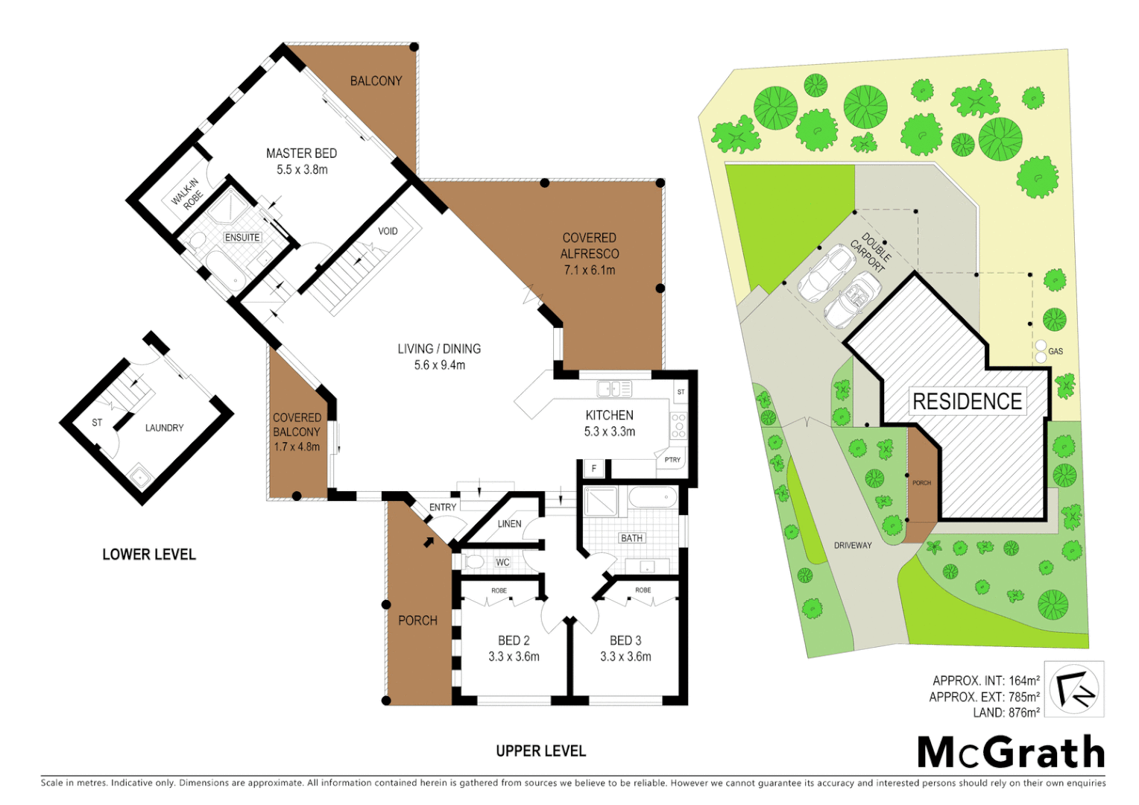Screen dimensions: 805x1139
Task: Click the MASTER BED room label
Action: pos(301,154)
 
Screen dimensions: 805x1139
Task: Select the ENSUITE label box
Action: pos(242,238)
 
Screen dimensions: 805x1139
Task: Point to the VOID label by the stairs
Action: pos(388,231)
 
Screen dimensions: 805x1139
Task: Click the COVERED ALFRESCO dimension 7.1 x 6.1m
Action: pos(589,271)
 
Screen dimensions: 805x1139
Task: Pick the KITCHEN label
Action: pos(609,415)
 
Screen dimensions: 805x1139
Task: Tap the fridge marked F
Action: pos(594,469)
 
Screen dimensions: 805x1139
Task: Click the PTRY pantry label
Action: pos(672,460)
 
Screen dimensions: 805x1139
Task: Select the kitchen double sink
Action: pos(614,389)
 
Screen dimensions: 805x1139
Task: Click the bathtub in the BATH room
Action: pos(653,498)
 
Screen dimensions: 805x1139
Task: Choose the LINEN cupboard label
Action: pos(509,524)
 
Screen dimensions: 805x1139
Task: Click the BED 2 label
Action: pos(514,640)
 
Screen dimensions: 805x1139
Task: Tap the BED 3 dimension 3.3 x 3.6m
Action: pos(625,657)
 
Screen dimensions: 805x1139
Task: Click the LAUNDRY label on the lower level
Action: pos(164,428)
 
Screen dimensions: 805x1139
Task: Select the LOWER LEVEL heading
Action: pos(149,555)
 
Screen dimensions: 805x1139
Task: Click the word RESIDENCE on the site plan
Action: pos(967,402)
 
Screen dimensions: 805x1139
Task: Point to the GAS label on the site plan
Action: pos(1056,351)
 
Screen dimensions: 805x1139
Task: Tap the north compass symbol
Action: pos(1073,689)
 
